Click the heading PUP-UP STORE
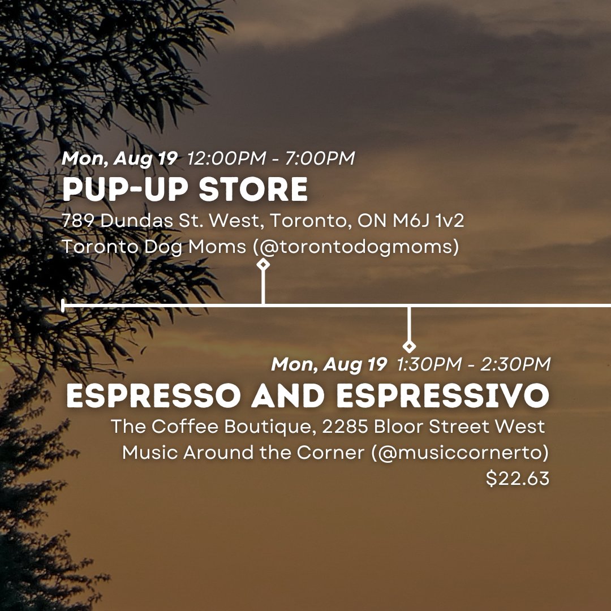tap(185, 190)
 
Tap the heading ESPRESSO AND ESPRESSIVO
tap(307, 397)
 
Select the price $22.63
tap(518, 479)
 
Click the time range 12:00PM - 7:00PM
tap(271, 158)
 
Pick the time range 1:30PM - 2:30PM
tap(473, 364)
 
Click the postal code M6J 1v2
tap(428, 221)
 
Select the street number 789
tap(79, 221)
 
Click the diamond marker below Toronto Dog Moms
tap(263, 264)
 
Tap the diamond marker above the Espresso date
tap(409, 346)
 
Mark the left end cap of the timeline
tap(63, 305)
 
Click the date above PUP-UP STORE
tap(119, 158)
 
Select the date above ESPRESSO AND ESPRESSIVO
tap(329, 364)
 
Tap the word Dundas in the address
tap(135, 221)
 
